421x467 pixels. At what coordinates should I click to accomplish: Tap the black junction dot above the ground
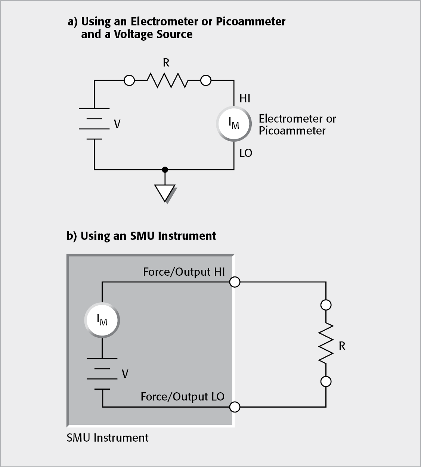pyautogui.click(x=165, y=170)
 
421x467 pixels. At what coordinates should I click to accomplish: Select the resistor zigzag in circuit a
pyautogui.click(x=167, y=80)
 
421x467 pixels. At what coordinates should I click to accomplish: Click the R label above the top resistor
pyautogui.click(x=166, y=63)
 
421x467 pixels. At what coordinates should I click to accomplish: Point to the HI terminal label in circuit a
pyautogui.click(x=245, y=99)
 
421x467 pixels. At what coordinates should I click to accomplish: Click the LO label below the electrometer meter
pyautogui.click(x=245, y=153)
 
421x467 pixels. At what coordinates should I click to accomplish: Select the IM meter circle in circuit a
pyautogui.click(x=234, y=123)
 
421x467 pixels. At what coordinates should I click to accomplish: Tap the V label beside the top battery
pyautogui.click(x=117, y=124)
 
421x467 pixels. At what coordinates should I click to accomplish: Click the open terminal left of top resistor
pyautogui.click(x=129, y=80)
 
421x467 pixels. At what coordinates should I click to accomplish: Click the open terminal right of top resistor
pyautogui.click(x=206, y=80)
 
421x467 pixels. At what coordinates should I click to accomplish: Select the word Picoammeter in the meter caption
pyautogui.click(x=292, y=131)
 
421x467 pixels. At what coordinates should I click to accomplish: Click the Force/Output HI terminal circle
pyautogui.click(x=235, y=282)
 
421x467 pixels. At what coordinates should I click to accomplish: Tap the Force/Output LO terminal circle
pyautogui.click(x=235, y=407)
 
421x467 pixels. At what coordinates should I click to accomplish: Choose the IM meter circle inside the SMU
pyautogui.click(x=102, y=320)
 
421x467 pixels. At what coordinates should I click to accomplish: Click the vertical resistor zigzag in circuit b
pyautogui.click(x=326, y=343)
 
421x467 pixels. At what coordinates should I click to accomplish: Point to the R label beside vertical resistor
pyautogui.click(x=342, y=346)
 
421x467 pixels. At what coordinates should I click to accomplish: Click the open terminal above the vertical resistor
pyautogui.click(x=326, y=305)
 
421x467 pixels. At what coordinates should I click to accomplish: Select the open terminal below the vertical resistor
pyautogui.click(x=326, y=381)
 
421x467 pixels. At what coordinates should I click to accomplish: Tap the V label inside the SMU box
pyautogui.click(x=125, y=374)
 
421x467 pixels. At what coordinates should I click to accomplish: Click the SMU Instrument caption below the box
pyautogui.click(x=108, y=437)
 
